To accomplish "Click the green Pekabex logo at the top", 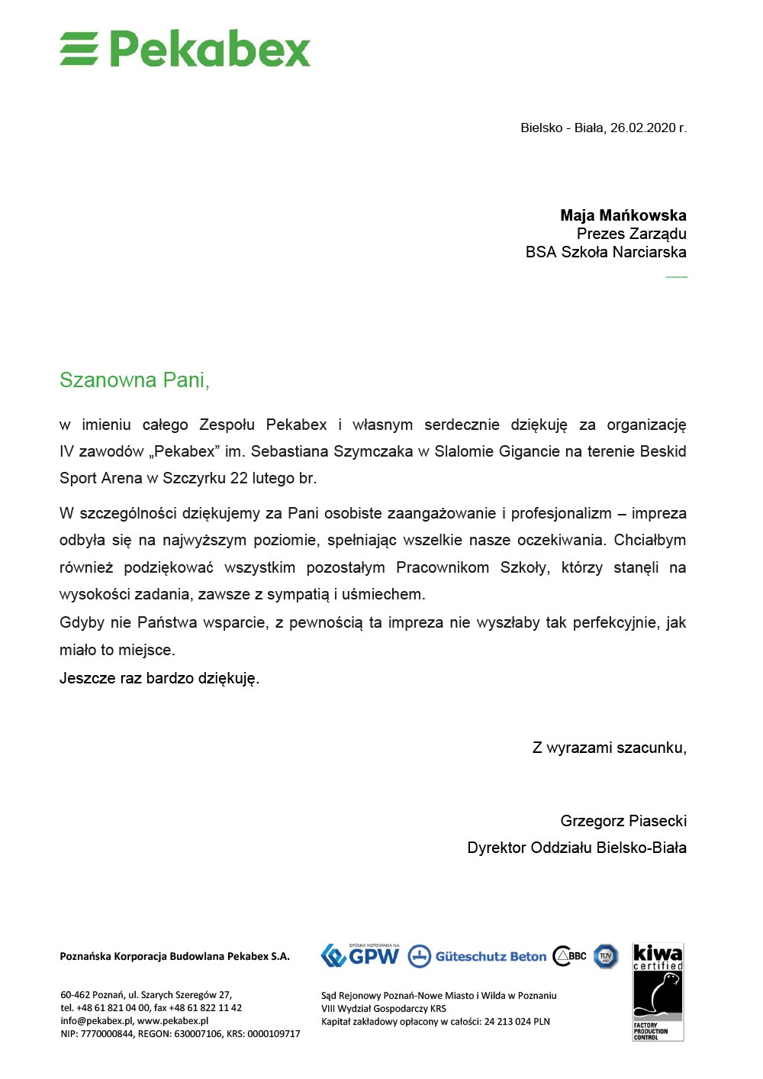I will pos(185,49).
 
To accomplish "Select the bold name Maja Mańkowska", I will pos(623,215).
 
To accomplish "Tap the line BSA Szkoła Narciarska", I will pos(606,252).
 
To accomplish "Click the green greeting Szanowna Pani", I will pos(134,380).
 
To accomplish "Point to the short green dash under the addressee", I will pos(676,276).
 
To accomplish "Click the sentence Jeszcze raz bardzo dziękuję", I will pos(159,678).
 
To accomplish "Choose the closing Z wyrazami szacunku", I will pos(609,748).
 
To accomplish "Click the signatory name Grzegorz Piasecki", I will pos(623,821).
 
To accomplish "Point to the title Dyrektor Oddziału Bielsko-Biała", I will pos(577,848).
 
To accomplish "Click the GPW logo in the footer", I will pos(360,955).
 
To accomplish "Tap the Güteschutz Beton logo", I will pos(478,956).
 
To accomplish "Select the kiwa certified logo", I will pos(658,992).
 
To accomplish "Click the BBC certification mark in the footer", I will pos(570,956).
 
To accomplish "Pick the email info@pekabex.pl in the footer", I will pos(96,1021).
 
